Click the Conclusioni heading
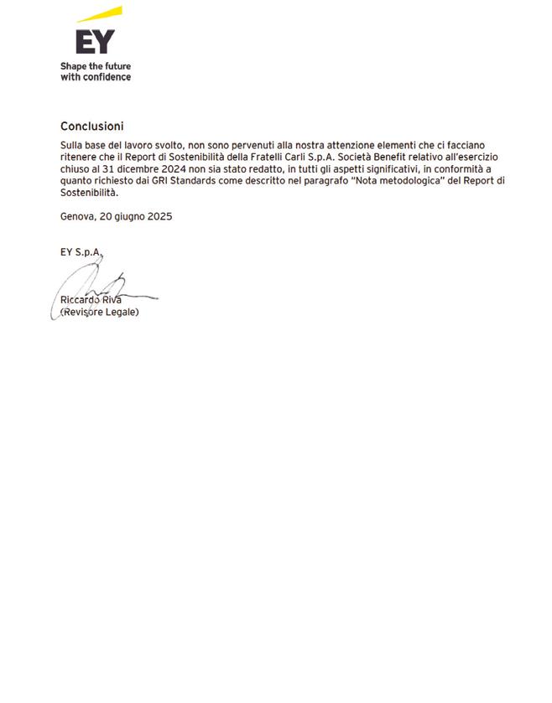92,127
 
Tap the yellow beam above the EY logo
101,14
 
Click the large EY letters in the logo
95,40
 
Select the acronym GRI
163,180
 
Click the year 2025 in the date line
159,216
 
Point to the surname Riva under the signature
112,300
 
